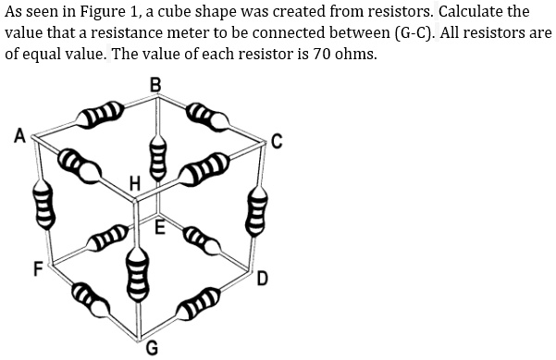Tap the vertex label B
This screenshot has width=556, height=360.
click(154, 86)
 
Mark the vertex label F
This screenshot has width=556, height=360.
click(38, 270)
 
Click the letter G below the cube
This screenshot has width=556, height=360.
click(152, 349)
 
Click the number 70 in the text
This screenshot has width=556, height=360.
click(325, 53)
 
